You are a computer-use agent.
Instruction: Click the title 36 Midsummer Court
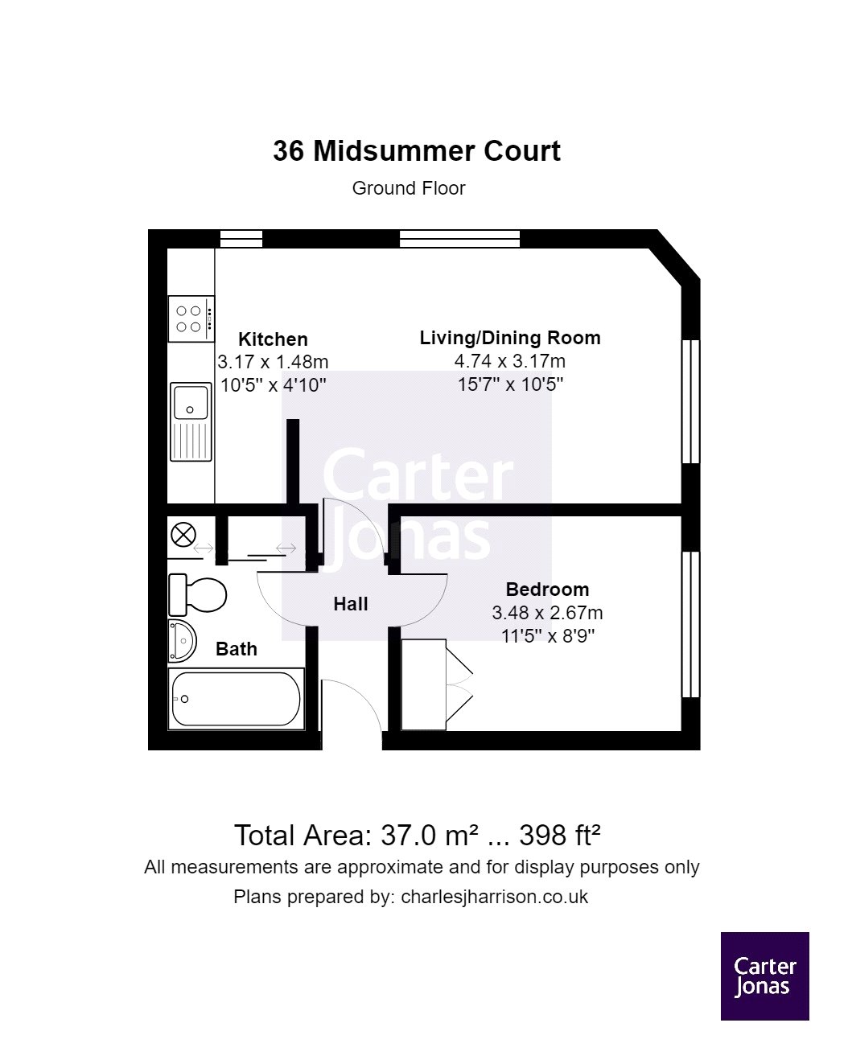coord(416,151)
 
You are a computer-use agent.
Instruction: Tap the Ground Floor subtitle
coord(409,188)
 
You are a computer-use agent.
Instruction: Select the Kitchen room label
coord(273,339)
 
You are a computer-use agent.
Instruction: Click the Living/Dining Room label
coord(509,338)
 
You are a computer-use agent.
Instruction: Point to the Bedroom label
coord(547,590)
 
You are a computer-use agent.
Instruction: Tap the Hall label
coord(351,604)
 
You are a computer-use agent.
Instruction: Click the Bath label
coord(237,649)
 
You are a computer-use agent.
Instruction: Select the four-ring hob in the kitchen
coord(191,318)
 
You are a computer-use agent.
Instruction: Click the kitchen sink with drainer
coord(191,421)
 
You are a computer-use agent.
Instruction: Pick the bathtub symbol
coord(236,700)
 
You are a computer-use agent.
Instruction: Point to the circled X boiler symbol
coord(184,533)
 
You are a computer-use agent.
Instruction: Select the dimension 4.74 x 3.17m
coord(509,361)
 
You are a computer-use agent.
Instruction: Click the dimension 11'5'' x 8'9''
coord(547,636)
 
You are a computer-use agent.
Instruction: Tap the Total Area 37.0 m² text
coord(417,836)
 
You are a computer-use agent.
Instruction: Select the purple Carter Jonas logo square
coord(764,976)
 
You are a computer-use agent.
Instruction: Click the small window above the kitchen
coord(241,238)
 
